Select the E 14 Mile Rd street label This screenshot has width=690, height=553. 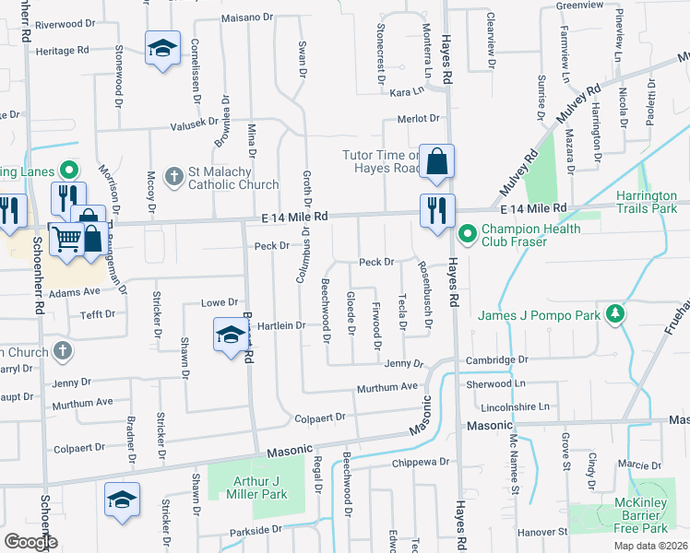pos(294,217)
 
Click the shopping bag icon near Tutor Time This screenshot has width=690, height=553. pos(437,160)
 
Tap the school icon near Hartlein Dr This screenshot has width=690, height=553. pos(230,334)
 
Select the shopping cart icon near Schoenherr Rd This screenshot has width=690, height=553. pos(66,241)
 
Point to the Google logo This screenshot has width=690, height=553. pos(30,542)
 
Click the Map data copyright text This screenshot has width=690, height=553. pos(651,546)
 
